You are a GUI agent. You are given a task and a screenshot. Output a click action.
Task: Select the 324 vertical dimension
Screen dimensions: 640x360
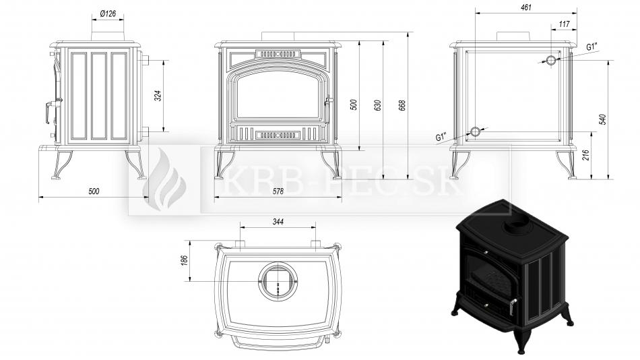tap(160, 96)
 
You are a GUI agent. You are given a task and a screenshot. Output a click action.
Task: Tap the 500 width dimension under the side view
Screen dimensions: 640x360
tap(94, 191)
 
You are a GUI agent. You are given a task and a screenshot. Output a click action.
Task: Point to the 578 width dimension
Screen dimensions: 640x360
tap(278, 191)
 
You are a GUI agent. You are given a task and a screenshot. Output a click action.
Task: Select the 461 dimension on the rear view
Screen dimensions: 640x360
tap(526, 7)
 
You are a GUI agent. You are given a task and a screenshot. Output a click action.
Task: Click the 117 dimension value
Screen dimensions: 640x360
tap(564, 24)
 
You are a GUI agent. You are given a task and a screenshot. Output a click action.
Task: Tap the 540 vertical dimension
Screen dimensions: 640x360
tap(603, 119)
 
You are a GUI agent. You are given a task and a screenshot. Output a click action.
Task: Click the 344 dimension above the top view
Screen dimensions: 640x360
tap(278, 222)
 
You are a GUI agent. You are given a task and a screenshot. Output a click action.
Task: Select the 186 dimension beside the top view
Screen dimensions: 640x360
tap(184, 260)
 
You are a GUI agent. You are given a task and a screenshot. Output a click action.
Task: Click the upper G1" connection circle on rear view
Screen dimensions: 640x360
tap(550, 61)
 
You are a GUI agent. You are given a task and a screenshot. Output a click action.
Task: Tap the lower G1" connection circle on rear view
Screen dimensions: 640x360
tap(476, 131)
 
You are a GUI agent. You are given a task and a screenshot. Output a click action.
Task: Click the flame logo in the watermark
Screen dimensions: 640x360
tap(164, 180)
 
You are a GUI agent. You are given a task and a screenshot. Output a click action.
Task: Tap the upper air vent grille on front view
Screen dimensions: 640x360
tap(278, 53)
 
